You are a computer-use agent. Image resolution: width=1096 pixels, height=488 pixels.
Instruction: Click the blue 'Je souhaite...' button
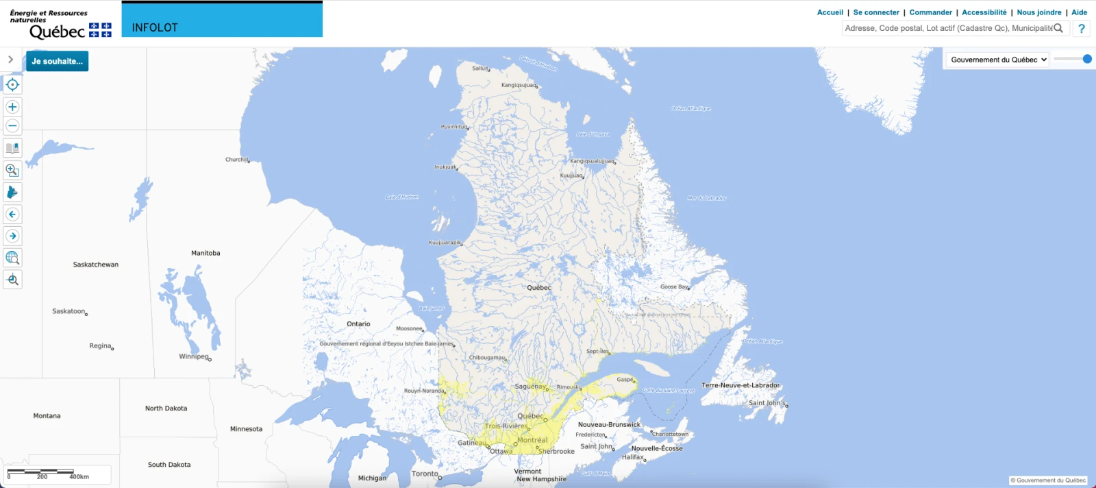coord(57,61)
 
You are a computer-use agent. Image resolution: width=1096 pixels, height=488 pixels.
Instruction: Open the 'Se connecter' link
coord(876,12)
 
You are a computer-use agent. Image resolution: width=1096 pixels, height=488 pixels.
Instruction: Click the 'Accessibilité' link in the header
coord(984,12)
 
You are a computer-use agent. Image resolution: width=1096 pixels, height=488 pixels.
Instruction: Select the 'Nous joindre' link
coord(1038,12)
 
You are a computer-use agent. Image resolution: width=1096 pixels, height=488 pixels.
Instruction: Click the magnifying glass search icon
coord(1058,28)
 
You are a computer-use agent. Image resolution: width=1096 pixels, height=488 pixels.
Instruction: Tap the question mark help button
coord(1082,28)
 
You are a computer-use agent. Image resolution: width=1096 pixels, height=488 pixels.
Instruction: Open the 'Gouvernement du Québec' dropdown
coord(998,60)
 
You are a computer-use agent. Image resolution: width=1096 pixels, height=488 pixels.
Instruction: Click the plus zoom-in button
coord(12,107)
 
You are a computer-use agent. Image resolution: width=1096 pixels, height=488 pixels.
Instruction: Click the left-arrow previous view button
coord(12,215)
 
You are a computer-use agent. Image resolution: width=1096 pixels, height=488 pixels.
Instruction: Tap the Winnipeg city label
coord(194,356)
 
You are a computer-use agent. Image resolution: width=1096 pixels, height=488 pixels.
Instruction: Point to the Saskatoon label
coord(68,311)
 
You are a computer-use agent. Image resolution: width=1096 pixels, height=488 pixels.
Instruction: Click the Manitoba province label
coord(206,253)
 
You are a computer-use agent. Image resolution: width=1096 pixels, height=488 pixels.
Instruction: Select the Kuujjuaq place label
coord(571,175)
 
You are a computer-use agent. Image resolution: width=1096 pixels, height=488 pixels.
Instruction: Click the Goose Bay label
coord(674,286)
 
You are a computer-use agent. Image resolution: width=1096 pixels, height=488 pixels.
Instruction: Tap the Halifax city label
coord(633,457)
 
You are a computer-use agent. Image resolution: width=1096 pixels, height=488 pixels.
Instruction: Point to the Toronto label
coord(425,474)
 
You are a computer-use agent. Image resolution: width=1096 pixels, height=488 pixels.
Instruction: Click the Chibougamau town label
coord(487,358)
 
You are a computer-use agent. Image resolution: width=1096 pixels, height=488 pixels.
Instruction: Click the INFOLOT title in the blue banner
coord(155,27)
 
